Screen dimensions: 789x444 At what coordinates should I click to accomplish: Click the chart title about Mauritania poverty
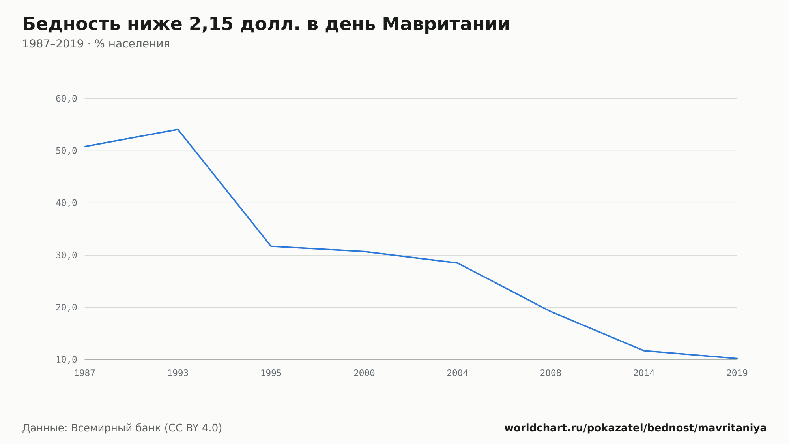(266, 24)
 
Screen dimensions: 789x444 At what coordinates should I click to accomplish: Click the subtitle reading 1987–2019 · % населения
(96, 44)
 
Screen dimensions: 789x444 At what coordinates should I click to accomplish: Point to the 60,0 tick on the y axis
(66, 99)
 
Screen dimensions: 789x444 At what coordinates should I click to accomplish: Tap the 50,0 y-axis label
(66, 151)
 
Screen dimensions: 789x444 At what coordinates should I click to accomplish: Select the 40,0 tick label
(66, 203)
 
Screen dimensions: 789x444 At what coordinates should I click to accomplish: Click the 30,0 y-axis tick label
(66, 255)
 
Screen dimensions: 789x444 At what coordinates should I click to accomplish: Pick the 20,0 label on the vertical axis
(66, 307)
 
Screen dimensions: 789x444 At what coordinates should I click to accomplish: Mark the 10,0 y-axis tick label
(66, 359)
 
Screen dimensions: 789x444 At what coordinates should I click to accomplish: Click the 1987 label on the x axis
(85, 373)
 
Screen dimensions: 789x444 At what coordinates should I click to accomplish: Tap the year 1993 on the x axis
(178, 373)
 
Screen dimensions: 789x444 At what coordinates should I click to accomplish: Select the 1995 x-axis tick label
(271, 373)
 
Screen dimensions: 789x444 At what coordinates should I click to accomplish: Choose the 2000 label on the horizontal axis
(364, 373)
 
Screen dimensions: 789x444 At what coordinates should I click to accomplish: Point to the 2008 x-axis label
(551, 373)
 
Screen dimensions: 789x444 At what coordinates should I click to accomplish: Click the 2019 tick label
(737, 373)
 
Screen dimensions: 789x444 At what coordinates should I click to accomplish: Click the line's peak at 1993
(178, 129)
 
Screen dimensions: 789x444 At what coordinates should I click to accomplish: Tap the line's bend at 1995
(271, 246)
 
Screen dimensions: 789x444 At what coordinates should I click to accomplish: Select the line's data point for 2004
(458, 263)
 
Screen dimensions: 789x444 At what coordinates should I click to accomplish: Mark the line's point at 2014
(644, 351)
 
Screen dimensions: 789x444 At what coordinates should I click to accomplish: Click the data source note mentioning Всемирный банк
(122, 428)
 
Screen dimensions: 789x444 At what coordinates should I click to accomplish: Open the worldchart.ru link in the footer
(636, 428)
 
